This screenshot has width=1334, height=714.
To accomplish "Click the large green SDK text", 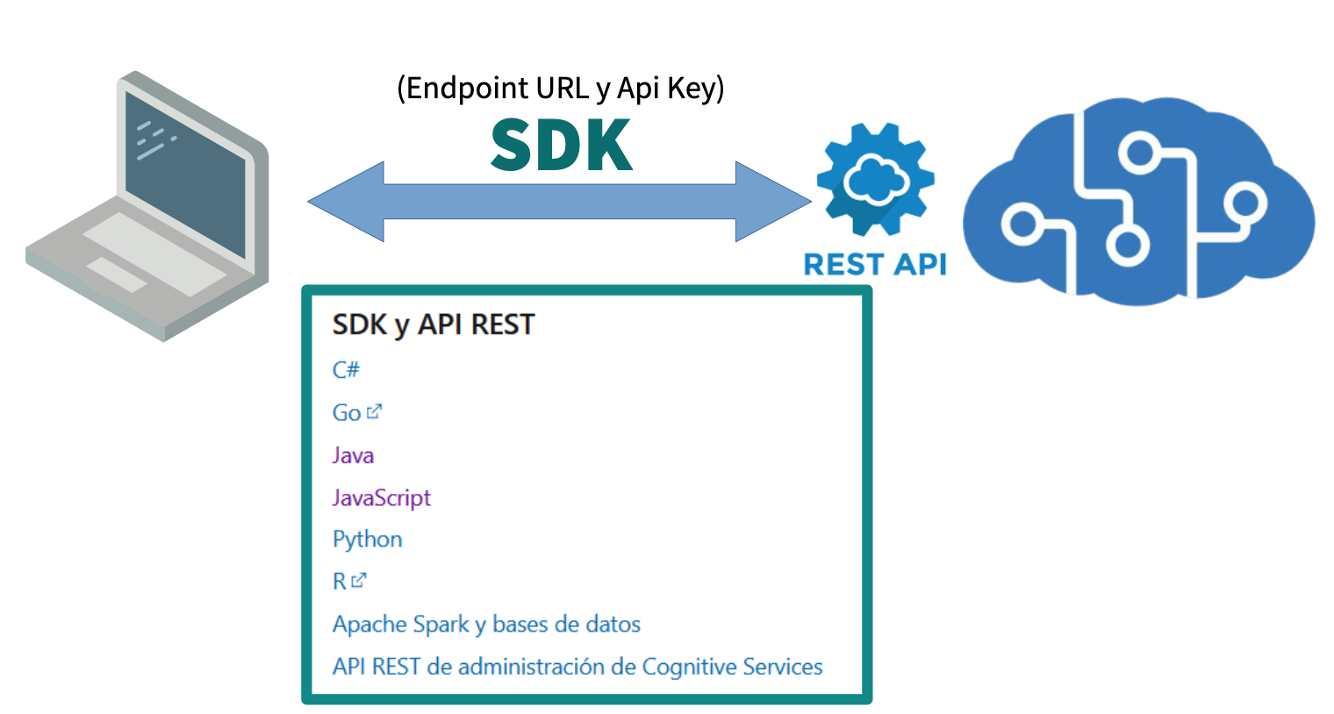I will [x=562, y=146].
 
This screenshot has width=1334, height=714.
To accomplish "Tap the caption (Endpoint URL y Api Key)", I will [x=560, y=89].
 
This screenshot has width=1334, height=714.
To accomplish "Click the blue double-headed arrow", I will [x=559, y=202].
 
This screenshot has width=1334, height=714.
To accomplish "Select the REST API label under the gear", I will [x=875, y=264].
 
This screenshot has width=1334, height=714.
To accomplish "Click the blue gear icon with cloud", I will [x=875, y=180].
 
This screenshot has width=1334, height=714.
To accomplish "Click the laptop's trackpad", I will [x=117, y=275].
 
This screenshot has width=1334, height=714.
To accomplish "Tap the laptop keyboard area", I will [x=154, y=250].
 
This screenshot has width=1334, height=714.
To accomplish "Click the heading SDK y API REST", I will [x=433, y=325].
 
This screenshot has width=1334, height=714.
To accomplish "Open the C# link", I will [x=346, y=370].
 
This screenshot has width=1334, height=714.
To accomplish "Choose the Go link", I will [x=347, y=413].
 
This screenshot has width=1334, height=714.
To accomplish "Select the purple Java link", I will [x=353, y=455].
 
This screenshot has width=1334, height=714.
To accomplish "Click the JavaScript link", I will [x=382, y=498].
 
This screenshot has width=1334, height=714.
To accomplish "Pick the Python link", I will [x=367, y=539].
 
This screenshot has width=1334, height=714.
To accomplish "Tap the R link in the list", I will [x=340, y=582].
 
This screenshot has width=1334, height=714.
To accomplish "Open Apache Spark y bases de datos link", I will [x=486, y=625].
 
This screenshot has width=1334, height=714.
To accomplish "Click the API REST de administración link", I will [x=577, y=668].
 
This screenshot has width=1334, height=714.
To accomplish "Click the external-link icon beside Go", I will [x=375, y=411].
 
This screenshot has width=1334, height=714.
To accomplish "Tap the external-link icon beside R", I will [x=359, y=580].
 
